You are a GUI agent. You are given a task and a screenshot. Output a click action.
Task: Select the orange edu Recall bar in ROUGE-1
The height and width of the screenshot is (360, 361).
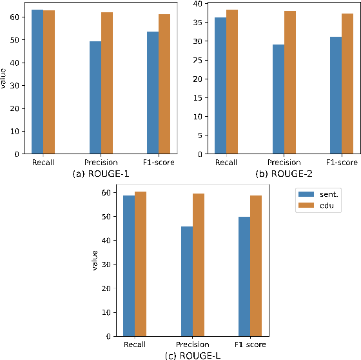[49, 82]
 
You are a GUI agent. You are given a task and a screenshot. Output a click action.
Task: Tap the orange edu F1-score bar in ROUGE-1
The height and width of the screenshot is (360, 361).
[164, 84]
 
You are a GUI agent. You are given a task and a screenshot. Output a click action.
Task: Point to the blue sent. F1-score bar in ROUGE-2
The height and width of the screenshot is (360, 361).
[335, 95]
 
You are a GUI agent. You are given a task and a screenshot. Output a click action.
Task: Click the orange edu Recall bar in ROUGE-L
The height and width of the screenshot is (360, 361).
[141, 264]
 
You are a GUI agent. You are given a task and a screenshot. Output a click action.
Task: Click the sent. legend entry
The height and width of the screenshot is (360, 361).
[322, 194]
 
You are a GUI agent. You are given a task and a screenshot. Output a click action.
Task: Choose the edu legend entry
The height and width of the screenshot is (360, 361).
[322, 205]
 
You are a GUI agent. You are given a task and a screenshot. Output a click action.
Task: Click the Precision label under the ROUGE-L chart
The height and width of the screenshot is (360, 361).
[193, 345]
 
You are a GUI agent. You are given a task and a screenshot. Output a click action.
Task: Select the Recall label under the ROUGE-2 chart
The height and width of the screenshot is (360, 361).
[226, 163]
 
